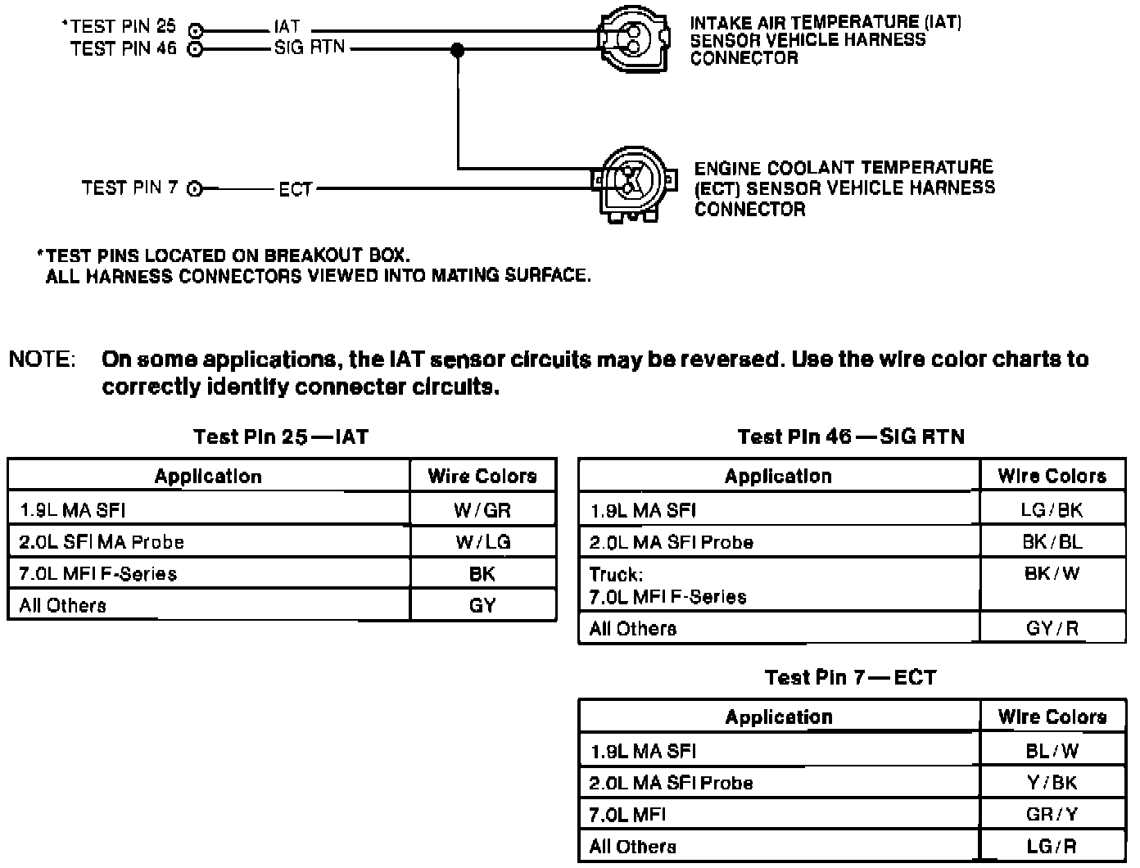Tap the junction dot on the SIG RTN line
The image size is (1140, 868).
(457, 51)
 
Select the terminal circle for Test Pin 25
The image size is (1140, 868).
(195, 31)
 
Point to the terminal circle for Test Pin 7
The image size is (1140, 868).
(194, 189)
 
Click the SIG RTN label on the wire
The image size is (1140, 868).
(310, 48)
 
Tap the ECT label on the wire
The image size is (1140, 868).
(295, 190)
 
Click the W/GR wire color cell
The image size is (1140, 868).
(482, 510)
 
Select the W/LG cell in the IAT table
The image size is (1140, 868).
(482, 541)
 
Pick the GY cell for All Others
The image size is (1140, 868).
(482, 605)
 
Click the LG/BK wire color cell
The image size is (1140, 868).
(1052, 510)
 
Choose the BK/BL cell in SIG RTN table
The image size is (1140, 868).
(1052, 541)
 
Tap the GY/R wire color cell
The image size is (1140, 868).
(1052, 628)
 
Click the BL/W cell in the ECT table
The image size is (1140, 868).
(1052, 750)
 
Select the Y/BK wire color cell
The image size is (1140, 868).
(1052, 782)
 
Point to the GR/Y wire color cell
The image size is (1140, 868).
(1052, 814)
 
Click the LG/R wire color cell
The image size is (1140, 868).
(1052, 846)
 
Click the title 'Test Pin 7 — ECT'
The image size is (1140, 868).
(850, 677)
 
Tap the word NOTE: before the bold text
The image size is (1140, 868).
(42, 359)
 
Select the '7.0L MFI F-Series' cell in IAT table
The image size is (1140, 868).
(98, 573)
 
